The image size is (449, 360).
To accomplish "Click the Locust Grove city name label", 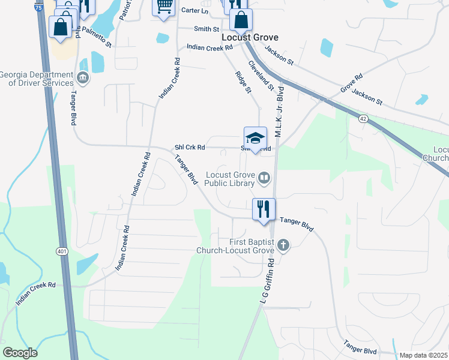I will coord(250,37).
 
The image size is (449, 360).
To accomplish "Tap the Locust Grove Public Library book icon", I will coord(264,177).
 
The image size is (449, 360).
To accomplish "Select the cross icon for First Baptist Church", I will coord(283,245).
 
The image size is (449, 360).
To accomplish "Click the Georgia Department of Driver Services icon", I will coord(83,77).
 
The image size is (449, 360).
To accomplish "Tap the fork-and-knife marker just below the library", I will coord(264,209).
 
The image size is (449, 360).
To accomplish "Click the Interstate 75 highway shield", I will coord(39,8).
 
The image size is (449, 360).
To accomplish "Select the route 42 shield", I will coord(363,119).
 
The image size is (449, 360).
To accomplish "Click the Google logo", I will coord(20,353).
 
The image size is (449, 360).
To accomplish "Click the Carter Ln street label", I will coord(195,11).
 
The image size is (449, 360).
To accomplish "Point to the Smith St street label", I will coord(207,28).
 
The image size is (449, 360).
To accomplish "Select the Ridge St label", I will coord(243,82).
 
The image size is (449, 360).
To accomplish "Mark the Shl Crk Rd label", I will coord(190,147).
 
